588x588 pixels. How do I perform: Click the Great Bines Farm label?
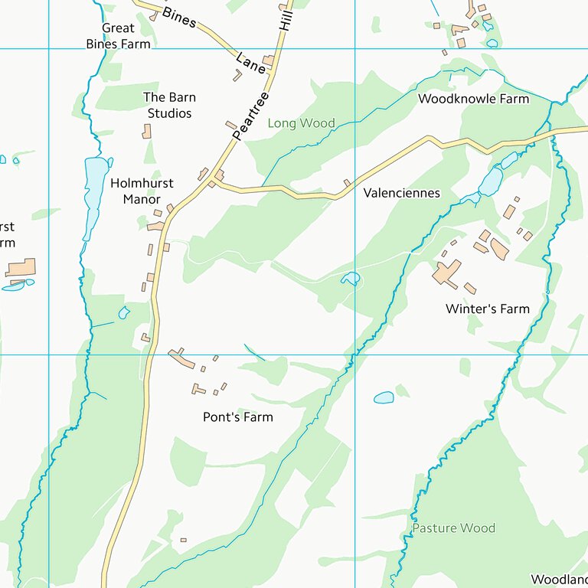pos(118,36)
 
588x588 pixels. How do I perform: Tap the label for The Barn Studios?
pos(169,106)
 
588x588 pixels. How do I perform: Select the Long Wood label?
pos(301,123)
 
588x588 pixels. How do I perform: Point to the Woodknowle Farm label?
pos(473,99)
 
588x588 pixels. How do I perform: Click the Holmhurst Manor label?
pos(142,191)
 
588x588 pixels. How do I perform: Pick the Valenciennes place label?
pos(401,193)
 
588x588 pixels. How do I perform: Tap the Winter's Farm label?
pos(487,309)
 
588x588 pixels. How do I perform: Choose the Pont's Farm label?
pos(237,417)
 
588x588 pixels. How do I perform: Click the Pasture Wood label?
pos(453,528)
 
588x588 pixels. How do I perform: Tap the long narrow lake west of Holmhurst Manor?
pos(95,188)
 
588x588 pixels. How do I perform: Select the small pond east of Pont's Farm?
pos(384,397)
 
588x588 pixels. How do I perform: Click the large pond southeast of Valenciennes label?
pos(490,181)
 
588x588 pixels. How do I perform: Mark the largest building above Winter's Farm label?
pos(446,273)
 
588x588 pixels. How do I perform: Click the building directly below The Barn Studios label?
pos(146,131)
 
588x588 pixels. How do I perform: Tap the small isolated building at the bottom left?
pos(183,540)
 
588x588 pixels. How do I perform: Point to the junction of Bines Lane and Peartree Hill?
pos(273,70)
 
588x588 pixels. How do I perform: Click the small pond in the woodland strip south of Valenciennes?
pos(350,279)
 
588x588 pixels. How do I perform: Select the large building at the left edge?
pos(21,268)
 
